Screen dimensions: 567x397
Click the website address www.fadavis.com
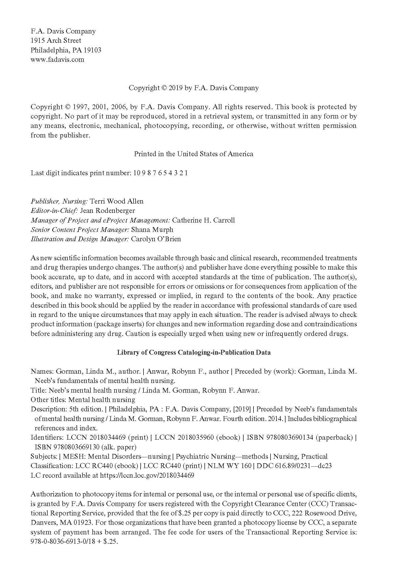(x=57, y=60)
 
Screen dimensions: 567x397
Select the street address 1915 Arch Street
(x=56, y=41)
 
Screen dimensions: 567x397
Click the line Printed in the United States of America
(x=193, y=154)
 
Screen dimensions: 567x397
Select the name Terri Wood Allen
(x=117, y=201)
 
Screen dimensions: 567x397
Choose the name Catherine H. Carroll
(x=203, y=220)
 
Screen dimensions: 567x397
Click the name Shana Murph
(x=152, y=230)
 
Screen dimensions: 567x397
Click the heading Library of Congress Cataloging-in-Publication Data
(x=194, y=353)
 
